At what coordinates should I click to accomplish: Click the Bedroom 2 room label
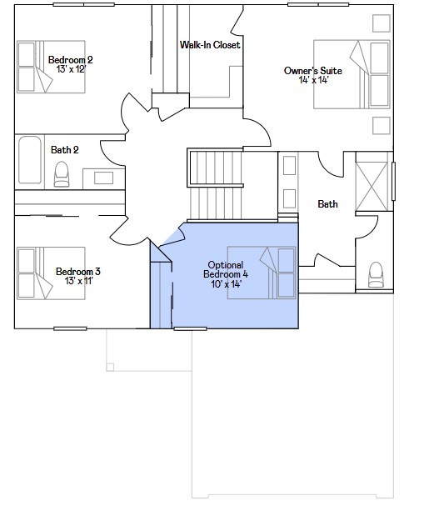coord(70,59)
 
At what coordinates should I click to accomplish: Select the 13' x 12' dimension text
coord(70,70)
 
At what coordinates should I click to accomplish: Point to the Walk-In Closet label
coord(210,44)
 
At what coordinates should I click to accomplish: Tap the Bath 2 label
coord(64,150)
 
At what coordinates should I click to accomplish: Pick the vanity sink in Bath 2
coord(104,177)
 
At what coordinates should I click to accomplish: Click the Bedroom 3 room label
coord(78,271)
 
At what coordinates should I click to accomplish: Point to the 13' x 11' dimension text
coord(78,281)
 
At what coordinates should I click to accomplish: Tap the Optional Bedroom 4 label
coord(227,269)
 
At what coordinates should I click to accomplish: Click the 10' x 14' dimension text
coord(227,284)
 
